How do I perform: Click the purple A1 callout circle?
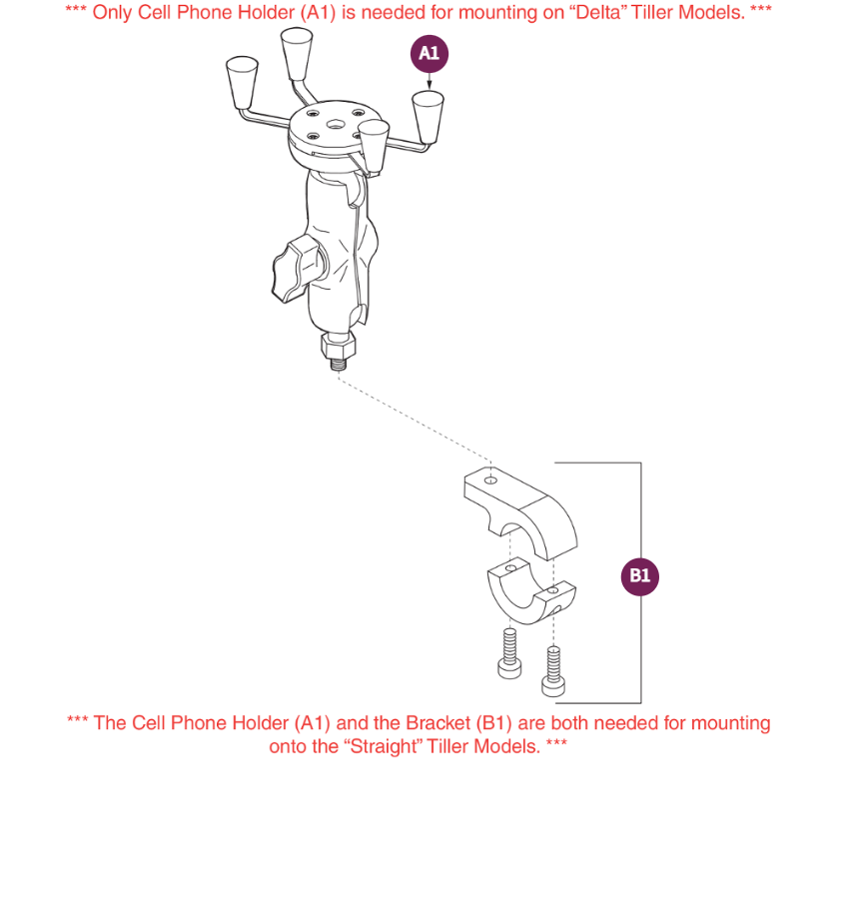(x=430, y=54)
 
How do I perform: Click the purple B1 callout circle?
(x=639, y=576)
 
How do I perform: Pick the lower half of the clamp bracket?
(x=524, y=588)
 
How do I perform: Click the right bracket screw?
(x=552, y=669)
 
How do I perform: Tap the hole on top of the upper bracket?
(x=491, y=479)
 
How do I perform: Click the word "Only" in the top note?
(x=112, y=15)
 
